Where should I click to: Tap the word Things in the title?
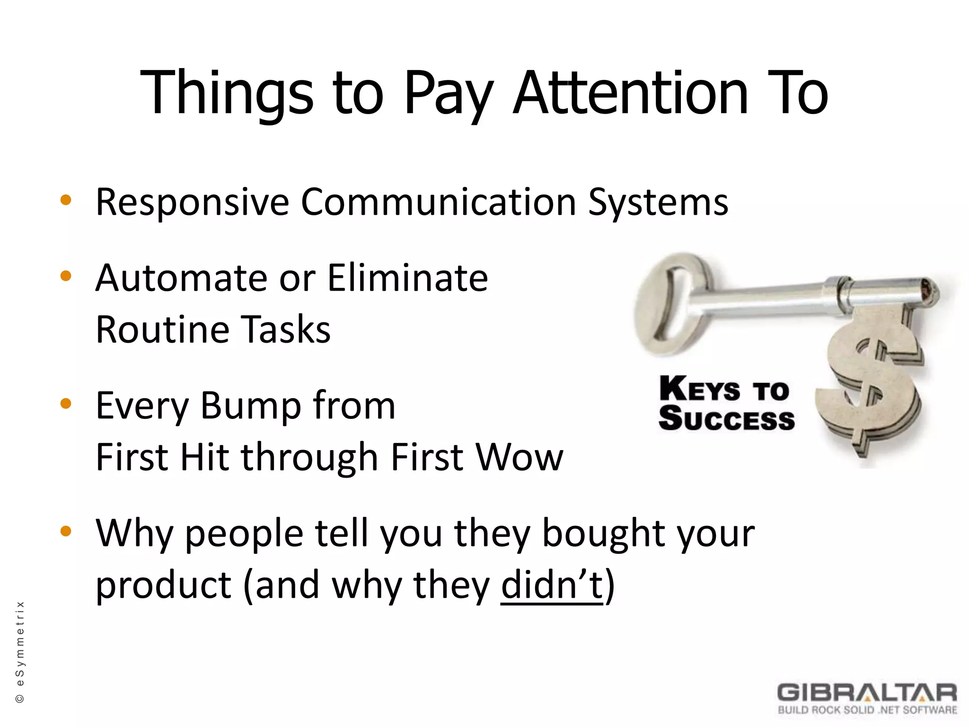click(227, 94)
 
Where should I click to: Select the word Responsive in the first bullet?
click(192, 203)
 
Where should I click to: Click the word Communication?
click(438, 203)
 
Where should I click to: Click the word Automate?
click(182, 278)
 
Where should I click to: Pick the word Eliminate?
click(407, 278)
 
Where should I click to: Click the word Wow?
click(520, 458)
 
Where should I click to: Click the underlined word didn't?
click(552, 585)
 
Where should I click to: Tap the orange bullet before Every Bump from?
click(66, 404)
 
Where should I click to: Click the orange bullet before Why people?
click(66, 531)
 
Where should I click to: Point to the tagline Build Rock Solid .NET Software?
click(867, 710)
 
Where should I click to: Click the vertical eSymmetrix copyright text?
click(20, 651)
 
